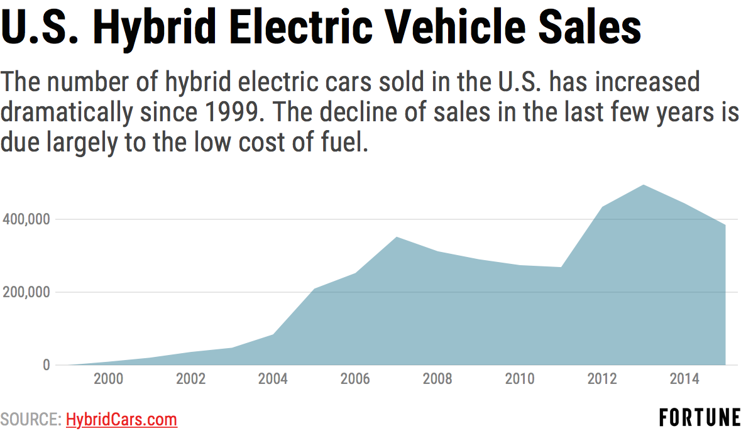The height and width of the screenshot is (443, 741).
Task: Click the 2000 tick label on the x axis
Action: [108, 379]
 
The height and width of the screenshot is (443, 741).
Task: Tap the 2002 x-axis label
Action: [190, 379]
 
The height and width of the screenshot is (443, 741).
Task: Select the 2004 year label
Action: [273, 379]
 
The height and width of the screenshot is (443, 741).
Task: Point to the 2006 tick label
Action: [355, 379]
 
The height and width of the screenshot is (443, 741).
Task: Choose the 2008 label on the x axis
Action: [437, 379]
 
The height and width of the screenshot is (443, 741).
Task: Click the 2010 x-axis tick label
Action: [520, 379]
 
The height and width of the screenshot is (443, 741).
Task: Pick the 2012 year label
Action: [602, 379]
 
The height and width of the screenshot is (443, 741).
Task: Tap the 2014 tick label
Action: [684, 379]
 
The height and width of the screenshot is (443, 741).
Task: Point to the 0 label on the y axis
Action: [46, 365]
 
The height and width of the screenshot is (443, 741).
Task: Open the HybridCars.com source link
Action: [121, 420]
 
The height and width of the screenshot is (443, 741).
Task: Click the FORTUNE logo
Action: [700, 417]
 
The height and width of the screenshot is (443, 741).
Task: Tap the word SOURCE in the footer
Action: [30, 420]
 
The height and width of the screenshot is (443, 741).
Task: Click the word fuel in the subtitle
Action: [344, 143]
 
